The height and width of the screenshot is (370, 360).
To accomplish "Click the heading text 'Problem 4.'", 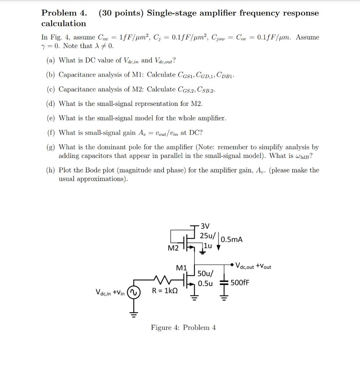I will click(64, 13).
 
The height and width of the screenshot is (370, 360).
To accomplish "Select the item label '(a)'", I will click(51, 60).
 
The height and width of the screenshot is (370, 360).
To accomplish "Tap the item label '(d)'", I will click(51, 104).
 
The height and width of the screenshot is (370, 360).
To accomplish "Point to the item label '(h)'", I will click(51, 170).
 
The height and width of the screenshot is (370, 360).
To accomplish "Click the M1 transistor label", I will click(181, 268).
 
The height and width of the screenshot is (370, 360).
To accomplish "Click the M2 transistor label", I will click(173, 248).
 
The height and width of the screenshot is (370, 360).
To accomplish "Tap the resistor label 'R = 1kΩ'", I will click(165, 291).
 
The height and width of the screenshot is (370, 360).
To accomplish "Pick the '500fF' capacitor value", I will click(240, 282).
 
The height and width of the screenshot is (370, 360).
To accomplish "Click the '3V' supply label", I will click(205, 227).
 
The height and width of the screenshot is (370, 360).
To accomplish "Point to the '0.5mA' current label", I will click(232, 240).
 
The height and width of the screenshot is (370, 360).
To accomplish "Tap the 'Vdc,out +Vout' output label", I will click(253, 267).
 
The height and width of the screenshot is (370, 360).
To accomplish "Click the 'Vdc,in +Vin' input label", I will click(110, 292).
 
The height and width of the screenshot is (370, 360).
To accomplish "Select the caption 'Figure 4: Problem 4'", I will click(183, 328).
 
